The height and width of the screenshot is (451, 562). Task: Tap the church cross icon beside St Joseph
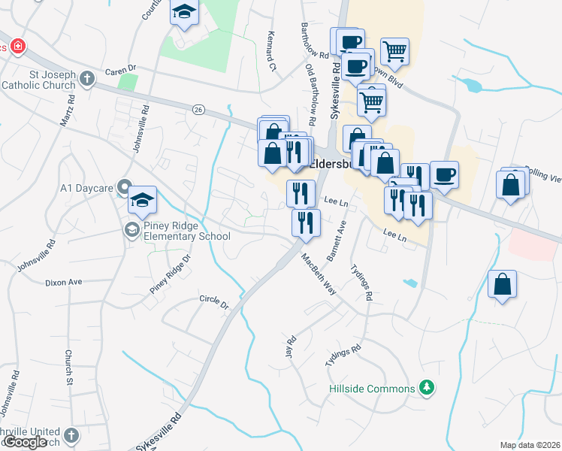[87, 77]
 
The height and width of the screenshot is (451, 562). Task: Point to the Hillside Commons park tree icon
[428, 388]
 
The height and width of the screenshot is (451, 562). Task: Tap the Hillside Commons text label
[372, 389]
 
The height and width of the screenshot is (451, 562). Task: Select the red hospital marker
[17, 47]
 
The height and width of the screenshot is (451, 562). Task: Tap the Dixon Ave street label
[63, 283]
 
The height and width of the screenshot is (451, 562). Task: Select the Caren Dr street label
[120, 68]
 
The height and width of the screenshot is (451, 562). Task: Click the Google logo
[26, 442]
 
